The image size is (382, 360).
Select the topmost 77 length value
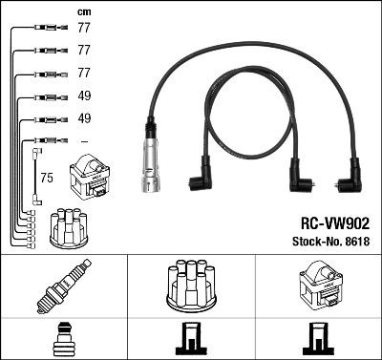coord(84,30)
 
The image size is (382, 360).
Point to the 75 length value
coord(47,179)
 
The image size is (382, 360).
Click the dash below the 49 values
coord(83,140)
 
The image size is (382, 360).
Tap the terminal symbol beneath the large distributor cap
coord(190,338)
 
